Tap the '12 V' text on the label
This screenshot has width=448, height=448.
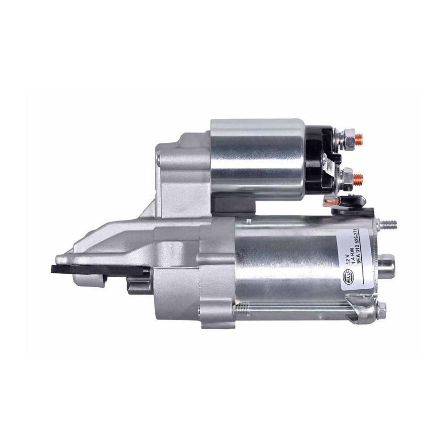pos(348,260)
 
